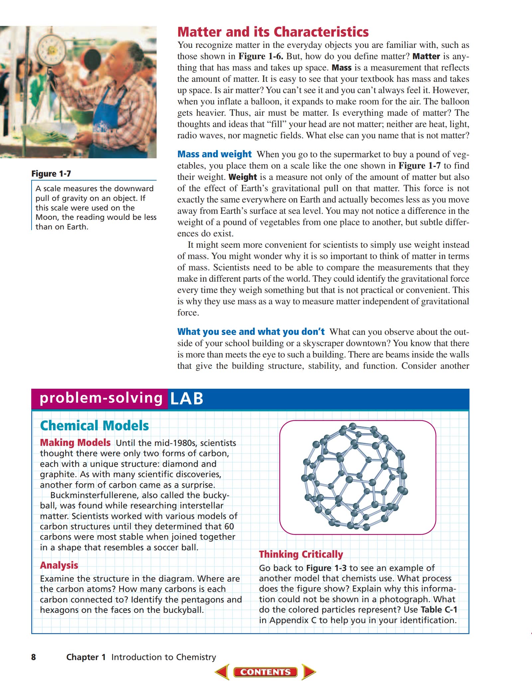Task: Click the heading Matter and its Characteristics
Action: click(x=273, y=32)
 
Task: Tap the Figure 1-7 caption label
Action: click(x=51, y=174)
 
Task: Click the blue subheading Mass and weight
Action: click(x=214, y=154)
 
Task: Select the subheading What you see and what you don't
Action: click(x=251, y=332)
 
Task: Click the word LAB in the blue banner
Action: click(x=187, y=398)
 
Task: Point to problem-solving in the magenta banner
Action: click(x=101, y=398)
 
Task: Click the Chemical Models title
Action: click(x=94, y=426)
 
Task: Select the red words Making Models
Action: click(x=75, y=443)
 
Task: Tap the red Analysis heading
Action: click(x=59, y=565)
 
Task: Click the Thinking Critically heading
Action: click(x=301, y=554)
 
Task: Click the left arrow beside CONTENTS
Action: click(x=222, y=672)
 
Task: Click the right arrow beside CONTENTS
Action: click(x=308, y=672)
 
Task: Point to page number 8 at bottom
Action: click(x=33, y=657)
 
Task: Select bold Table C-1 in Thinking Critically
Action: click(x=439, y=610)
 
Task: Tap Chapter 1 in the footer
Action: click(x=86, y=657)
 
